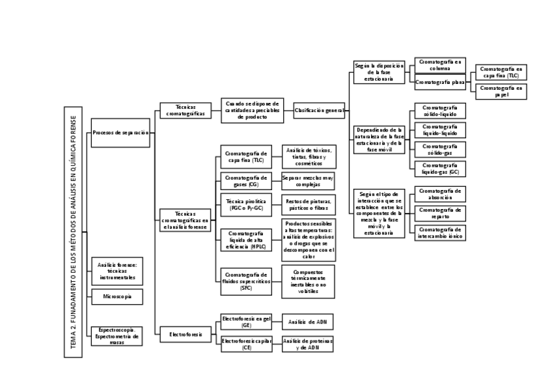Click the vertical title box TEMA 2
pyautogui.click(x=73, y=232)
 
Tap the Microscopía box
pyautogui.click(x=117, y=296)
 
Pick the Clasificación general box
pyautogui.click(x=319, y=111)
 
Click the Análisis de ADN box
pyautogui.click(x=307, y=322)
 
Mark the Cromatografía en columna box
pyautogui.click(x=440, y=64)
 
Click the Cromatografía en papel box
pyautogui.click(x=501, y=91)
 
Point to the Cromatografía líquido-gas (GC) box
pyautogui.click(x=440, y=169)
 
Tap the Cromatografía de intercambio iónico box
pyautogui.click(x=440, y=232)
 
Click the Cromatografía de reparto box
pyautogui.click(x=440, y=213)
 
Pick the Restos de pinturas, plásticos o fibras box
pyautogui.click(x=309, y=204)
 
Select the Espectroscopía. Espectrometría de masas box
pyautogui.click(x=117, y=335)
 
